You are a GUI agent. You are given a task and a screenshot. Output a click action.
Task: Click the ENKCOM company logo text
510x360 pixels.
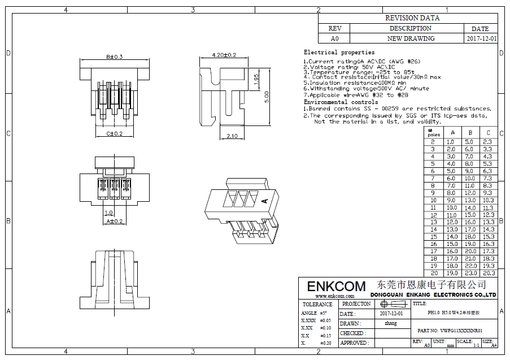click(336, 286)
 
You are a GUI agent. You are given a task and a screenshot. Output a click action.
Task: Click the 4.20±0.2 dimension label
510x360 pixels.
click(224, 55)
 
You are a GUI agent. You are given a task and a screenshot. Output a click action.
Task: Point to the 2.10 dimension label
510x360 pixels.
click(232, 136)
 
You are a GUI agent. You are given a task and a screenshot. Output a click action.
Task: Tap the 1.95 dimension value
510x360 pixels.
click(256, 80)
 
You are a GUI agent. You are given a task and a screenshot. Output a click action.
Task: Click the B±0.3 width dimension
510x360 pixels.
click(114, 57)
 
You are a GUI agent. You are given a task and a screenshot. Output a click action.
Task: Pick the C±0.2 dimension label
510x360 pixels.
click(114, 134)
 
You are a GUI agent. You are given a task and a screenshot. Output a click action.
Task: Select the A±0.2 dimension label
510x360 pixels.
click(114, 221)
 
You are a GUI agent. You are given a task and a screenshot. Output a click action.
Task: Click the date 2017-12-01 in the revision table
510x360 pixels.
click(482, 39)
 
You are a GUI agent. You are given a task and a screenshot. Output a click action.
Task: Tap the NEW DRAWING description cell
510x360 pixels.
click(411, 39)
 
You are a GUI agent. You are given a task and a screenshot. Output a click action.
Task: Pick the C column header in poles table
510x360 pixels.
click(488, 133)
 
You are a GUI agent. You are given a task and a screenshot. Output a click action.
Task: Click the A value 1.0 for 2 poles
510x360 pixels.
click(450, 142)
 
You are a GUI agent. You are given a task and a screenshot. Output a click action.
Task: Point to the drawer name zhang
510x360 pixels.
click(391, 324)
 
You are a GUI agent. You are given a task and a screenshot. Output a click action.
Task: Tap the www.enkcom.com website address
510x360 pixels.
click(334, 296)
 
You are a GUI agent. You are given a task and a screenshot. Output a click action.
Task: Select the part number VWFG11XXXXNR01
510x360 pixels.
click(450, 331)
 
